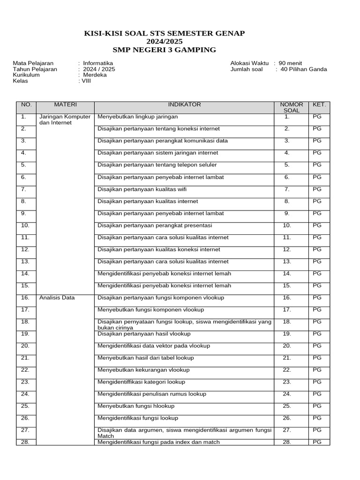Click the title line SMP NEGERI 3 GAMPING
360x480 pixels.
coord(164,50)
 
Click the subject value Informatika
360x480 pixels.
coord(98,63)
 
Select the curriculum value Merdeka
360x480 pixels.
coord(95,75)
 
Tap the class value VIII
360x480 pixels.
coord(86,81)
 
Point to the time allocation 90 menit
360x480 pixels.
coord(290,63)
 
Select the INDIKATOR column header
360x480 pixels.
coord(184,105)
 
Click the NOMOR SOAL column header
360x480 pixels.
coord(291,107)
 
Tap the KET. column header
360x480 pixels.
coord(319,105)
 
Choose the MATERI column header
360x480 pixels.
coord(65,105)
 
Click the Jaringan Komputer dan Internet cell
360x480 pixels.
coord(65,120)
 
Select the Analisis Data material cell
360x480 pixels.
coord(57,298)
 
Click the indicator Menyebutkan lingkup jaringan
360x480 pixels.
coord(137,117)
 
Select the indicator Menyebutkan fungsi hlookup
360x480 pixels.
coord(136,406)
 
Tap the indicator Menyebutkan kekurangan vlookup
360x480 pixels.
coord(143,370)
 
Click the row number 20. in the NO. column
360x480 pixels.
coord(25,346)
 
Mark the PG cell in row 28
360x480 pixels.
coord(317,442)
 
